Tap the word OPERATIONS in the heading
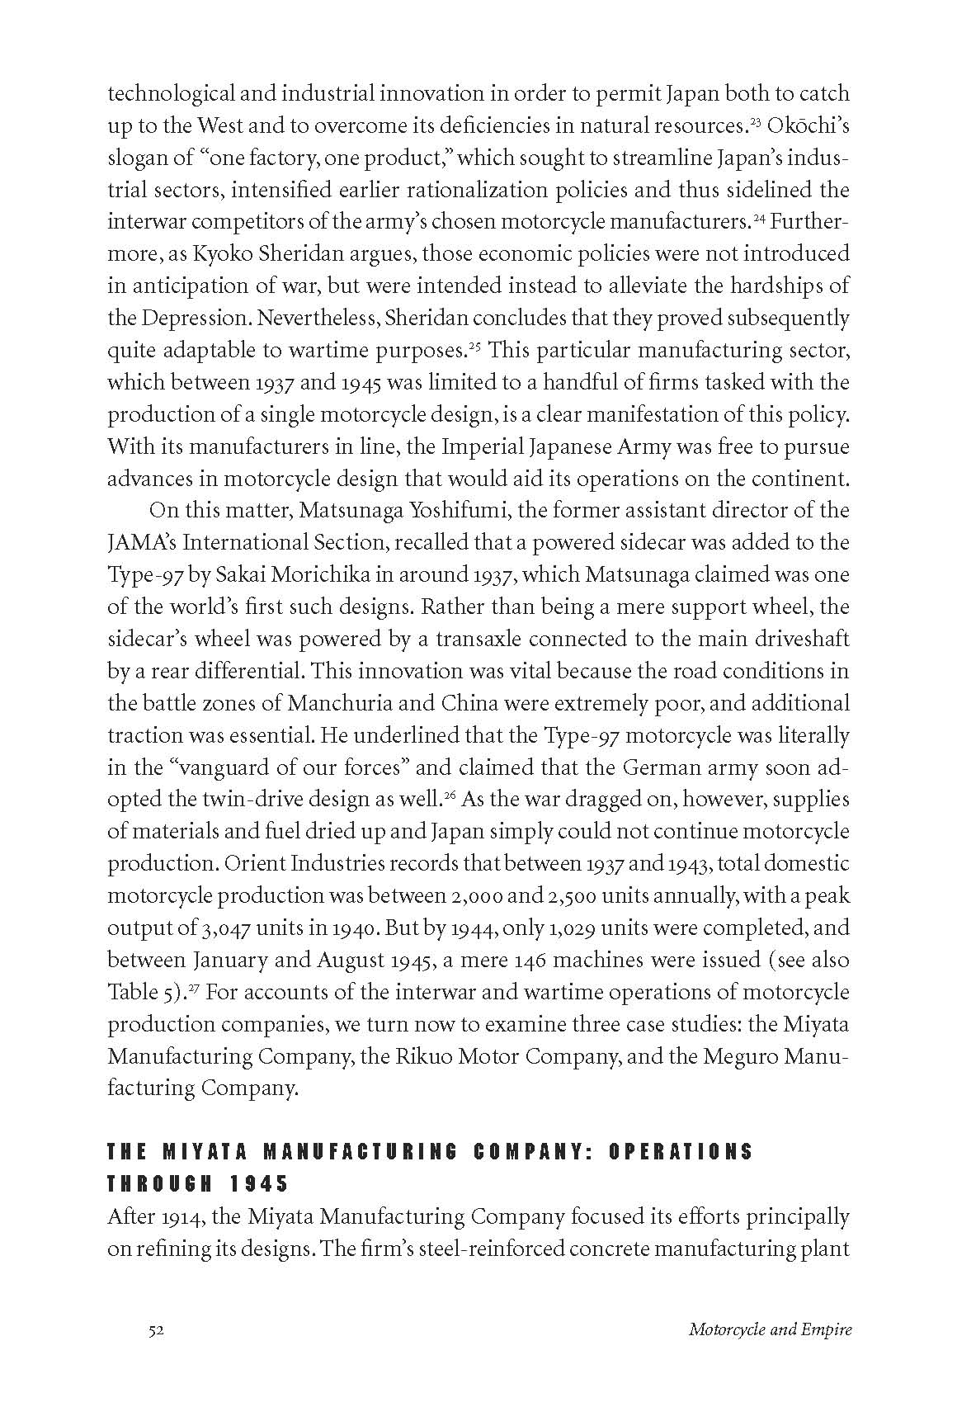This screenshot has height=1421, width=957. click(681, 1152)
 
